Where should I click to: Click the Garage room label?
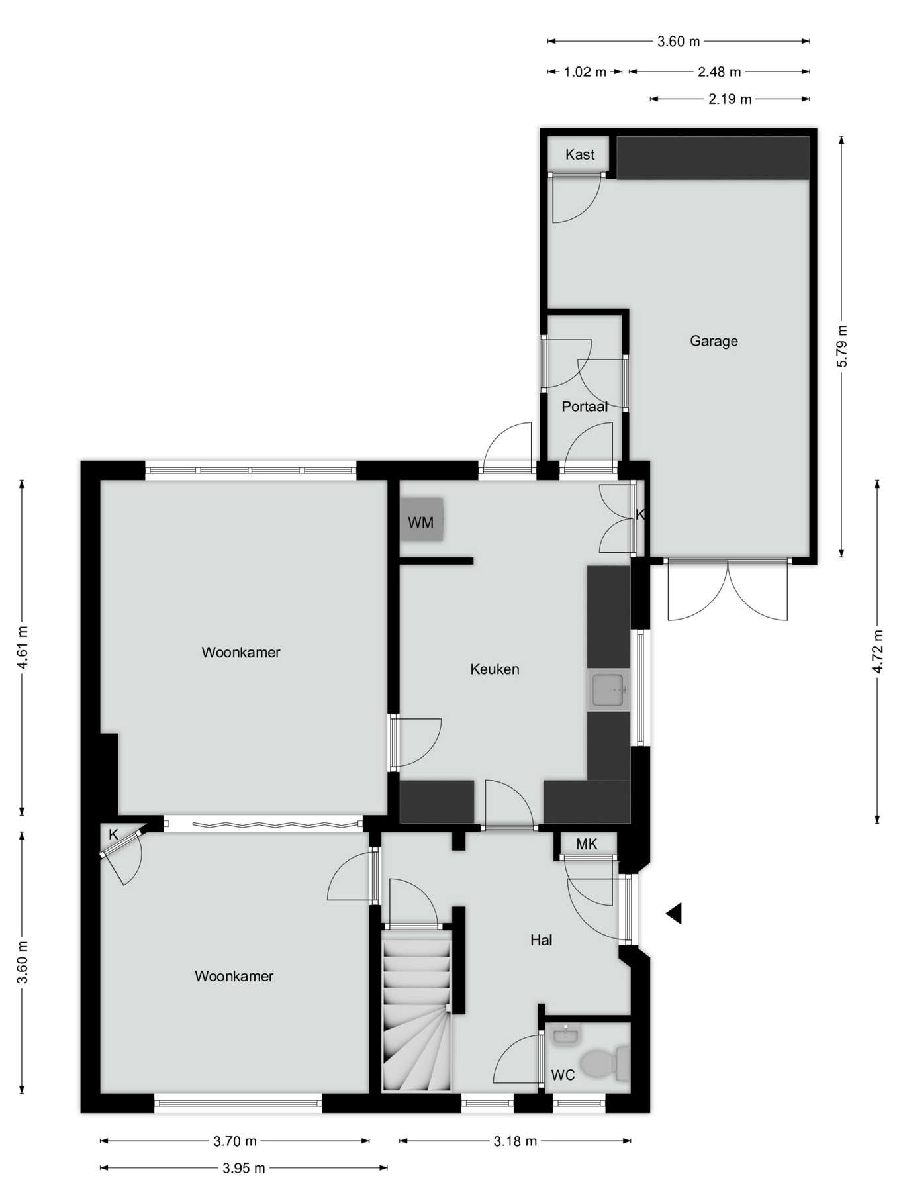tap(714, 341)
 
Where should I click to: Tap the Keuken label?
tap(495, 669)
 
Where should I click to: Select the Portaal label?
tap(585, 407)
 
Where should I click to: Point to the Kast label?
tap(580, 155)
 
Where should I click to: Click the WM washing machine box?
tap(421, 520)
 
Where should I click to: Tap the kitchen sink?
tap(608, 690)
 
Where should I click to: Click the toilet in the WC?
tap(604, 1063)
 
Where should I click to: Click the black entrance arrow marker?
tap(674, 914)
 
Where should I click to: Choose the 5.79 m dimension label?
tap(841, 346)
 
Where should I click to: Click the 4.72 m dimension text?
tap(877, 651)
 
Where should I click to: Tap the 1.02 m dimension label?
tap(585, 72)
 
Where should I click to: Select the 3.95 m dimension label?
tap(244, 1169)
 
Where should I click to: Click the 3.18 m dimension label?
tap(515, 1141)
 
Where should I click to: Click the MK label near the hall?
tap(587, 844)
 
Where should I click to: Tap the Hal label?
tap(541, 940)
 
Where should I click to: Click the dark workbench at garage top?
tap(713, 158)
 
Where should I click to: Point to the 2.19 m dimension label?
tap(730, 99)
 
